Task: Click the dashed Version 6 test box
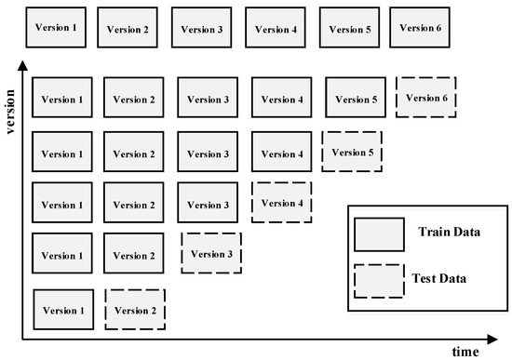tap(427, 98)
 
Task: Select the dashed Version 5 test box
tap(353, 151)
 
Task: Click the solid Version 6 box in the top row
tap(420, 27)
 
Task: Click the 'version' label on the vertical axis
tap(11, 109)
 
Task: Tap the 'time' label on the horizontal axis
tap(465, 352)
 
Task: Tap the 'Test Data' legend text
tap(443, 276)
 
